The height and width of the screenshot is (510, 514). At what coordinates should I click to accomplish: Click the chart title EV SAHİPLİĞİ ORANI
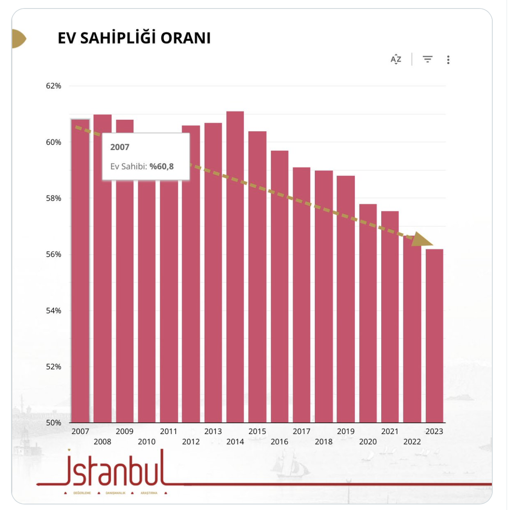coord(134,38)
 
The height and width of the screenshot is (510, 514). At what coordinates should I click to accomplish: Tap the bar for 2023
coord(434,336)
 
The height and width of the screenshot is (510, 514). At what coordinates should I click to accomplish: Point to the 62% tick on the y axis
coord(54,86)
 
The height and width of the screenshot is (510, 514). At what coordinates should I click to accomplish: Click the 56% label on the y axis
coord(54,254)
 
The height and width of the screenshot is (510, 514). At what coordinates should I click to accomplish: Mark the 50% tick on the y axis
coord(54,422)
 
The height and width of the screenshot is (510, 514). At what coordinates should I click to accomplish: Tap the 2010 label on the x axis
coord(147,442)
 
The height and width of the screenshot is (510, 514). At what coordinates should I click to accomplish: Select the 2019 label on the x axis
coord(346,431)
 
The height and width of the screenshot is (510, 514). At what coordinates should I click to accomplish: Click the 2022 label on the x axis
coord(412,442)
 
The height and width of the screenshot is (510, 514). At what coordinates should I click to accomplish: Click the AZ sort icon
coord(396,59)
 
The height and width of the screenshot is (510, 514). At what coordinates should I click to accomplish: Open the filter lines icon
coord(428,59)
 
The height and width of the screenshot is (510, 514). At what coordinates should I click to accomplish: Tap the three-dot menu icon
coord(448,59)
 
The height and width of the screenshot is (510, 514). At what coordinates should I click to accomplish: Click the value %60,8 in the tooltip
coord(161,167)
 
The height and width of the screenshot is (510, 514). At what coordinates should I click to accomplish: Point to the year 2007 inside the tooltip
coord(120,147)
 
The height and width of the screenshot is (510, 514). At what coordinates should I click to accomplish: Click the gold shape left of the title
coord(18,39)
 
